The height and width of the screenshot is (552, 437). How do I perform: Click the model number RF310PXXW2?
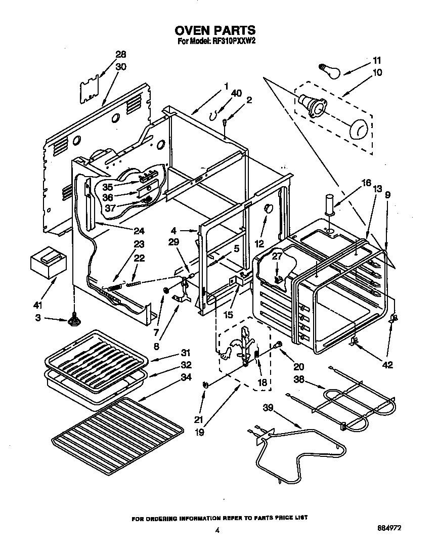pos(229,41)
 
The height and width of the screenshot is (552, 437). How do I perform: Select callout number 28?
pos(120,55)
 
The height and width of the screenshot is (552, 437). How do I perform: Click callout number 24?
pos(139,232)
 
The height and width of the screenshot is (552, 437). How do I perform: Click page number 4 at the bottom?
pos(217,530)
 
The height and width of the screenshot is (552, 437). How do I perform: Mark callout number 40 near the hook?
pos(236,93)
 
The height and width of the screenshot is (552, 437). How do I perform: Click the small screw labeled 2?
pos(224,120)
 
